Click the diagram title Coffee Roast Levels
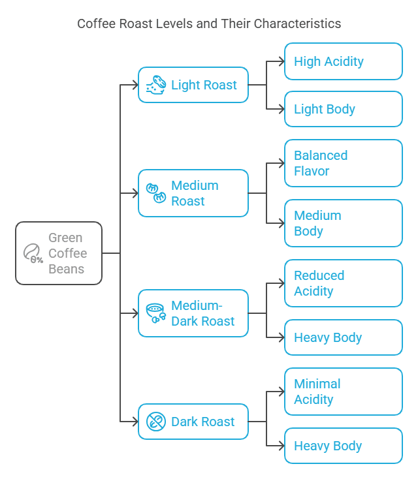pos(209,24)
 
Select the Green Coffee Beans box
pos(59,253)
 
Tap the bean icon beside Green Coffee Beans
pos(33,253)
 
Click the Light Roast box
pos(193,85)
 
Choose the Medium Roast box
pos(193,193)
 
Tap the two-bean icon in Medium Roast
pos(155,193)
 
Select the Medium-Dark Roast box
pos(193,313)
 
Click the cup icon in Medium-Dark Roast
pos(155,313)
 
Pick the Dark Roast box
pos(193,422)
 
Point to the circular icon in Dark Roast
pos(155,422)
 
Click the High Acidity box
pos(344,61)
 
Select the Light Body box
pos(344,109)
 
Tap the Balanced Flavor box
pos(344,163)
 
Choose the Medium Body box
pos(344,223)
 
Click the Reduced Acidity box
pos(344,283)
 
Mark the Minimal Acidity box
pos(344,392)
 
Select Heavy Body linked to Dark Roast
pos(344,446)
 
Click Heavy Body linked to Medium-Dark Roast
pos(344,337)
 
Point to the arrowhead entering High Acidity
pos(281,61)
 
